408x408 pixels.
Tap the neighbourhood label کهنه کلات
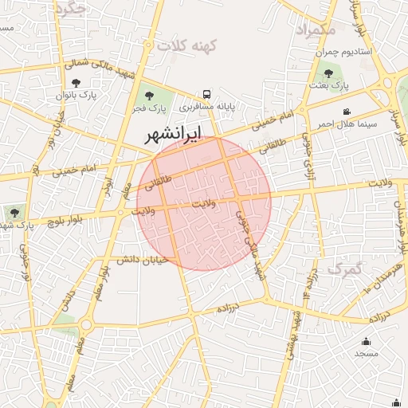(187, 46)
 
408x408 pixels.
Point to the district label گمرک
(344, 269)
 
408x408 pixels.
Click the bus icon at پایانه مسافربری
(207, 93)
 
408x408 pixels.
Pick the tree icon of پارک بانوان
(76, 82)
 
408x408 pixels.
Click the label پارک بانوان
(76, 94)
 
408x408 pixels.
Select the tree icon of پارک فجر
(150, 96)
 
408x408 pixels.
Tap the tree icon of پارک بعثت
(328, 73)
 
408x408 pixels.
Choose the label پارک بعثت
(328, 84)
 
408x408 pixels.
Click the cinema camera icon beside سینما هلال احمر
(347, 112)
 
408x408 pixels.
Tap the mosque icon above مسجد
(367, 340)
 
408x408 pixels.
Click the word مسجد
(366, 352)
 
